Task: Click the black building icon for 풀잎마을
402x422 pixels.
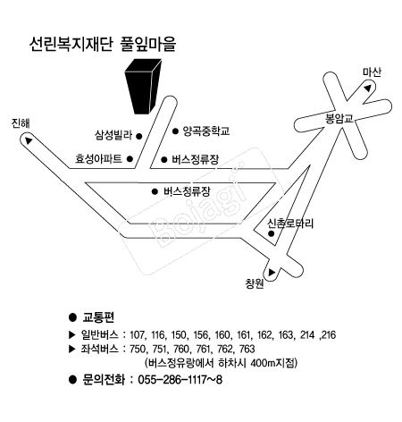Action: (143, 87)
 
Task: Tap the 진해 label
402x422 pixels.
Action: (21, 123)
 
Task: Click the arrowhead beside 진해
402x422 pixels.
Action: (29, 140)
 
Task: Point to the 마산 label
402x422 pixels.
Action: (372, 72)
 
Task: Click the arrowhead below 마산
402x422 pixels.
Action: (368, 88)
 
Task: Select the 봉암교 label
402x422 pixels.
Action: (339, 119)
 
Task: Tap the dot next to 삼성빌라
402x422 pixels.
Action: (138, 136)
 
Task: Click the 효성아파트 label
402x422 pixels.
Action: (98, 158)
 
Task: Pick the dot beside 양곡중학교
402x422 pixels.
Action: (175, 131)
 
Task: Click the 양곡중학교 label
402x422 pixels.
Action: (206, 131)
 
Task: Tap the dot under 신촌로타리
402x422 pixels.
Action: (271, 233)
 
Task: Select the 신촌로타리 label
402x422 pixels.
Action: (290, 224)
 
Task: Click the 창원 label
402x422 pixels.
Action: (255, 283)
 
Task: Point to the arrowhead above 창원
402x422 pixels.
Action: (272, 272)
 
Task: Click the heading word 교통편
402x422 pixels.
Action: (98, 317)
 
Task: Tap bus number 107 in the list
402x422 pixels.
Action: (137, 335)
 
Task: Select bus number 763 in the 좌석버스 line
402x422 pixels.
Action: (247, 349)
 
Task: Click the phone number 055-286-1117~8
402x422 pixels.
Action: (180, 380)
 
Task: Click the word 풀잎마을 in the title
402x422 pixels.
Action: (148, 44)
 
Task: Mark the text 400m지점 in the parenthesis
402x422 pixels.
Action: (272, 363)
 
